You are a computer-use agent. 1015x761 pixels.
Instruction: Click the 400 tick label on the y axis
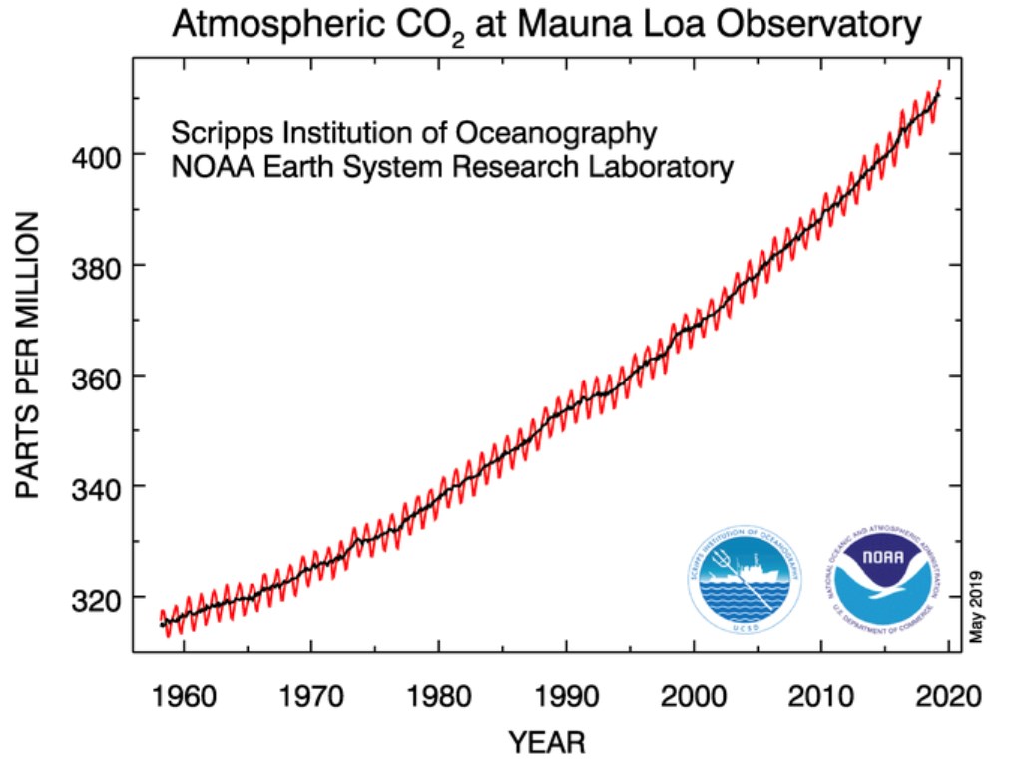click(99, 156)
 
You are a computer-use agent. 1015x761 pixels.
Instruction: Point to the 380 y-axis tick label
click(99, 267)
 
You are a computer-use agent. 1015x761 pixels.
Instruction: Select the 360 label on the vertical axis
click(99, 378)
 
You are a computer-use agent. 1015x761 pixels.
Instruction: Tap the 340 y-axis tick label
click(99, 488)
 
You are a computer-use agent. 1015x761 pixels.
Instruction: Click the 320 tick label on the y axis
click(99, 598)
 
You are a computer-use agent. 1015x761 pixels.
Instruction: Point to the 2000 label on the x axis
click(694, 694)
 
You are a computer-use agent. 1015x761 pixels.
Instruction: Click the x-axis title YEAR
click(546, 742)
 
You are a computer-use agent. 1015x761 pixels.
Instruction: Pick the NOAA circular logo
click(882, 580)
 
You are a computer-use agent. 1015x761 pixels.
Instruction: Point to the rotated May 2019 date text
click(977, 606)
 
